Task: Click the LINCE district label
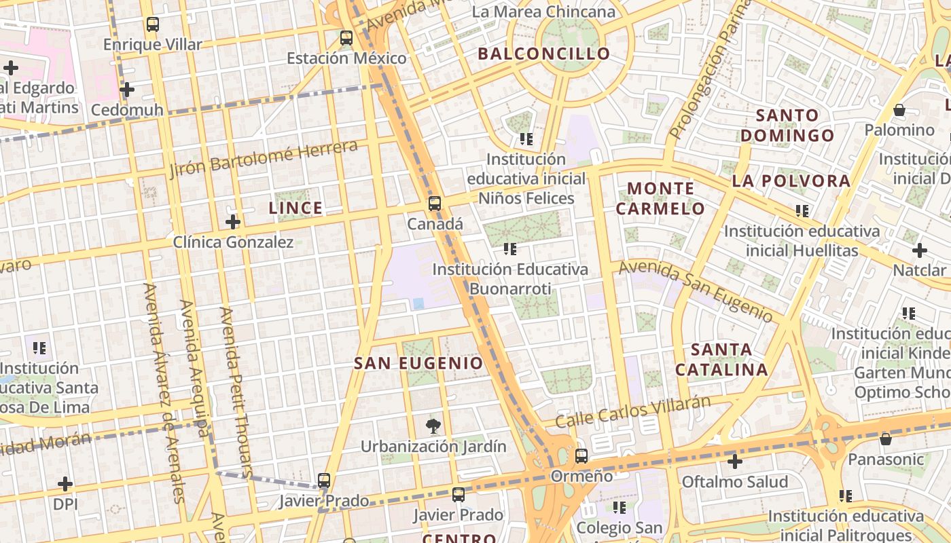click(x=295, y=208)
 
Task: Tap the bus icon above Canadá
click(x=434, y=203)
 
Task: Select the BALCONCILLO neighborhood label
click(x=543, y=54)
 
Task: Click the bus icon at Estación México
click(x=346, y=37)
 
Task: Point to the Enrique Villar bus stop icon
click(x=153, y=25)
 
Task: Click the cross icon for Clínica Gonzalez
click(x=233, y=221)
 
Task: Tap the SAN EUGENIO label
click(x=418, y=363)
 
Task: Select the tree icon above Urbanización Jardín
click(x=433, y=426)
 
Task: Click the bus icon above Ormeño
click(x=581, y=455)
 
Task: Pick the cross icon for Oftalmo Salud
click(x=734, y=462)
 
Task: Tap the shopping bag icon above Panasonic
click(x=885, y=439)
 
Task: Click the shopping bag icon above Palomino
click(x=899, y=109)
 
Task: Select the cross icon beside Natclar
click(x=919, y=250)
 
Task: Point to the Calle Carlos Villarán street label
click(x=632, y=411)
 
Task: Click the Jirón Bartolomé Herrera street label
click(x=263, y=158)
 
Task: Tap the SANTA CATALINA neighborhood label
click(x=721, y=360)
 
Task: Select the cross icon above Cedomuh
click(x=126, y=90)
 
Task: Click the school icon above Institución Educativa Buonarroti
click(x=510, y=249)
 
